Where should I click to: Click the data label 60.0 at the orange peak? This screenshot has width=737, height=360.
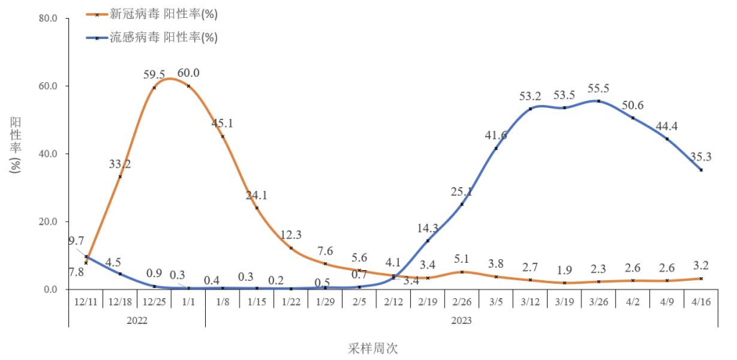click(189, 73)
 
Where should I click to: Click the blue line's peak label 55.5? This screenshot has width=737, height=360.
click(598, 88)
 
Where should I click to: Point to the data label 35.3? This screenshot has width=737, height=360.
click(701, 156)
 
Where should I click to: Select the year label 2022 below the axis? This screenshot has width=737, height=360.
click(136, 320)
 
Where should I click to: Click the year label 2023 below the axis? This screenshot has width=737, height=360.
click(461, 320)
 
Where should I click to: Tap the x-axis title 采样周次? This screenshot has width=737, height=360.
click(374, 348)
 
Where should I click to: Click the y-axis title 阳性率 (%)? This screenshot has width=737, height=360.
click(16, 145)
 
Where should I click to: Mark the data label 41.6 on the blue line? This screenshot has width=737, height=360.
click(497, 135)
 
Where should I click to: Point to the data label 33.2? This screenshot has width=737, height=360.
click(119, 163)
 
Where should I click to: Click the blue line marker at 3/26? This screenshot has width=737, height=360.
click(598, 101)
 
